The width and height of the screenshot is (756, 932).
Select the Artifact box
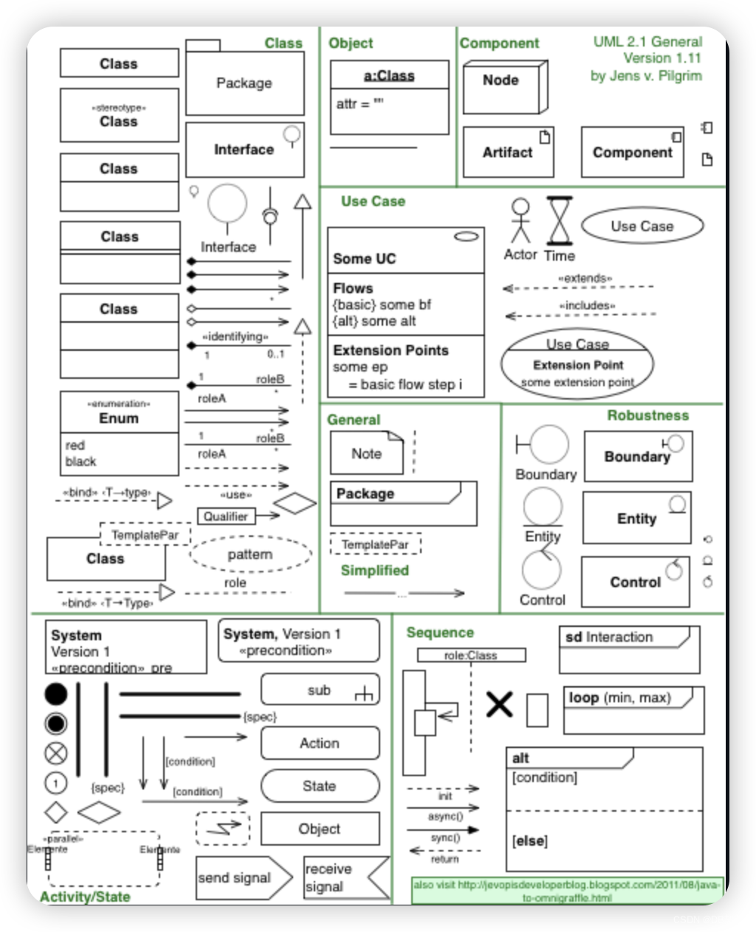(508, 152)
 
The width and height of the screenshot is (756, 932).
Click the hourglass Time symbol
(560, 221)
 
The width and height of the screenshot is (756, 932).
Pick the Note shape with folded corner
(366, 453)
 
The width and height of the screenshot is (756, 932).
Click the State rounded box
(320, 787)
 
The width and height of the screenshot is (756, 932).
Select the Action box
(320, 744)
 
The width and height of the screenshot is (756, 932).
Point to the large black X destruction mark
(499, 704)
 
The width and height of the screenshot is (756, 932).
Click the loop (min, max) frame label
(619, 698)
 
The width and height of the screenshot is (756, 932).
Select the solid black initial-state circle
(56, 694)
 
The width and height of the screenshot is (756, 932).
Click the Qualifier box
(226, 516)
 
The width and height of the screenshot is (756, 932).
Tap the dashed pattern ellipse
(250, 555)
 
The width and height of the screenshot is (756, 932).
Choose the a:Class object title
(389, 75)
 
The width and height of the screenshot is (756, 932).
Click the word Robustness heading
(647, 415)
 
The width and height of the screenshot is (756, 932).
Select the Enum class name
(119, 418)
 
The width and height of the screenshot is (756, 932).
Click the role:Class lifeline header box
(471, 655)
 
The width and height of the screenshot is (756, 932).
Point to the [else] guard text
(529, 841)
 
